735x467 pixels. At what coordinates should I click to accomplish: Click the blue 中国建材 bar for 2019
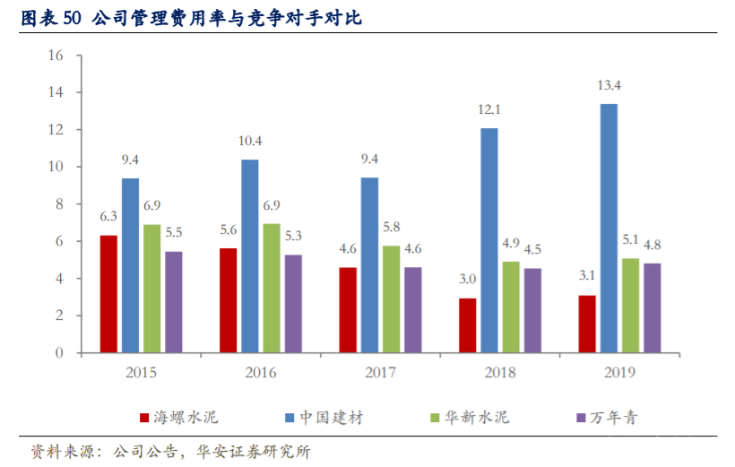coord(609,229)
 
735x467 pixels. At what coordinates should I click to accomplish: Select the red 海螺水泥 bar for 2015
coord(108,294)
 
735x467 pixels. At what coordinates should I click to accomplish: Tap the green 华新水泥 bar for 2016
coord(272,289)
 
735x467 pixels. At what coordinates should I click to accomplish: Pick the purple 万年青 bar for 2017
coord(412,310)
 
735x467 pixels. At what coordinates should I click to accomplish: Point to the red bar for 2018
coord(467,325)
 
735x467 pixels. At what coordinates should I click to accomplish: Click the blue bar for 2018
coord(489,240)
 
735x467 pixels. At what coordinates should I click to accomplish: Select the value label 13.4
coord(609,86)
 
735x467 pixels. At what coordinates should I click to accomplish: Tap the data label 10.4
coord(250,142)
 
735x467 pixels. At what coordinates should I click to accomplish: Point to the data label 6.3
coord(108,217)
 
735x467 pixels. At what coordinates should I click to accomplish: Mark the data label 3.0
coord(467,280)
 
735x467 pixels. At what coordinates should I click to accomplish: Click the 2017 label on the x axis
coord(380,372)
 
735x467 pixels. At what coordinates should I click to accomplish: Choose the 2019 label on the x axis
coord(619,372)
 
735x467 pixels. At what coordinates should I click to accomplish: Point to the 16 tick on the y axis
coord(55,56)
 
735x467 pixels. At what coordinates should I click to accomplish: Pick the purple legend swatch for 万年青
coord(580,418)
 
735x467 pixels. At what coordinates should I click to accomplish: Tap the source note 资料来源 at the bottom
coord(170,452)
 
